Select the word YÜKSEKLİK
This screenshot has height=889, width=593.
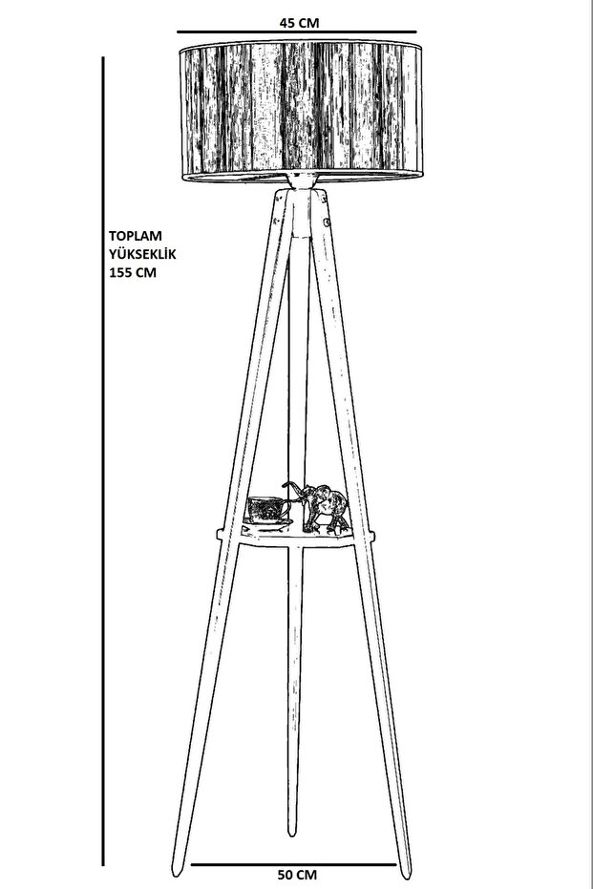142,252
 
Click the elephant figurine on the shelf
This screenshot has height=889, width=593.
323,507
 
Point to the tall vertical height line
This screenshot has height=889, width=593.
103,458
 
